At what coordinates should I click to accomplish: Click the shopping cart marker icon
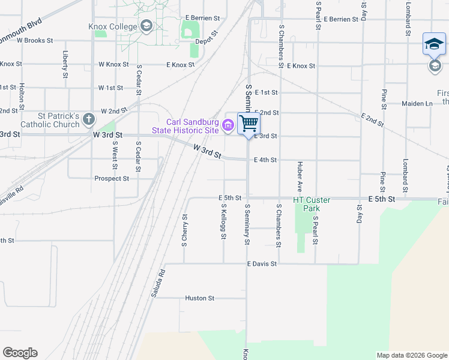pos(249,124)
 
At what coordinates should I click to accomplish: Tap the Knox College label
pos(113,26)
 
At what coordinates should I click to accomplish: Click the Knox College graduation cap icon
pos(146,25)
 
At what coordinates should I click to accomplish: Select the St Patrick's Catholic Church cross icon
pos(89,118)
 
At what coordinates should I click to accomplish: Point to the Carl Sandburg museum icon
pos(228,125)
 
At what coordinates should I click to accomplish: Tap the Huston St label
pos(200,298)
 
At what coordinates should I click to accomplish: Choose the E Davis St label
pos(261,263)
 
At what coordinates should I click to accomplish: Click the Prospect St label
pos(112,178)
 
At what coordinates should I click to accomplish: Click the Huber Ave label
pos(298,174)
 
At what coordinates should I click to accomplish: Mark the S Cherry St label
pos(184,230)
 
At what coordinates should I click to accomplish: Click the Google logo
pos(20,353)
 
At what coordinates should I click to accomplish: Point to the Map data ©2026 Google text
pos(411,355)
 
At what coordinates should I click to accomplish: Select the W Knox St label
pos(113,64)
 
